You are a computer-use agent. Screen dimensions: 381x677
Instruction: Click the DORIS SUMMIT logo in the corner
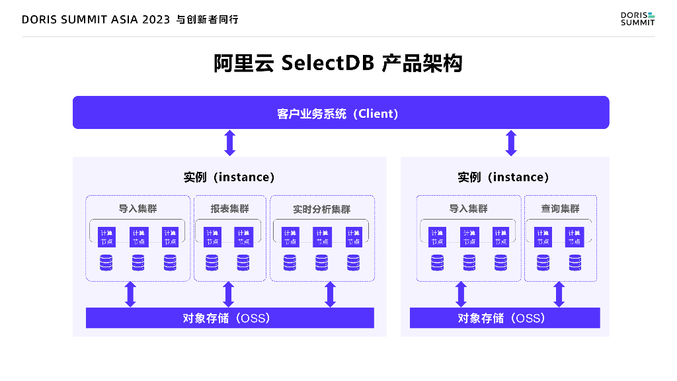point(637,19)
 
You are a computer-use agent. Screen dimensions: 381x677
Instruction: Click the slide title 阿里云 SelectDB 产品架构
point(338,63)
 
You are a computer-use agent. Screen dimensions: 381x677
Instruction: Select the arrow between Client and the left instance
point(229,143)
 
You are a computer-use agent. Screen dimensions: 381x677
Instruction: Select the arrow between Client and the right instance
point(510,143)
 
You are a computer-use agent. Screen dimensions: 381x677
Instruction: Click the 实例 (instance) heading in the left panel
point(229,177)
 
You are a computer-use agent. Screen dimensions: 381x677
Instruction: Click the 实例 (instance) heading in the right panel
point(504,177)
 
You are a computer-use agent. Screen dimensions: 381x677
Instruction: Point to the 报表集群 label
point(229,209)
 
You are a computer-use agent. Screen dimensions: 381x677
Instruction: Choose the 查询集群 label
point(560,209)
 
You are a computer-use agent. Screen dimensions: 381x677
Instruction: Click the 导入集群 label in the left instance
point(138,209)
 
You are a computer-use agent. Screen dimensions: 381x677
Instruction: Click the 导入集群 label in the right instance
point(468,209)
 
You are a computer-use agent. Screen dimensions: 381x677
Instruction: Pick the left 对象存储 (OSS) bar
point(229,318)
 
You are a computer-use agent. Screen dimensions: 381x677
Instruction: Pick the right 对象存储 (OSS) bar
point(504,318)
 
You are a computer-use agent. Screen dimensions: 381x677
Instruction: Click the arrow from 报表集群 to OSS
point(229,294)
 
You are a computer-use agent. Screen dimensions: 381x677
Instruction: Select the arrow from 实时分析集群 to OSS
point(330,294)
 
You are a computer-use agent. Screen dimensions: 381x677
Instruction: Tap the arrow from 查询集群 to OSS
point(559,294)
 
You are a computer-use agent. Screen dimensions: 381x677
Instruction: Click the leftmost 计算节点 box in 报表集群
point(212,237)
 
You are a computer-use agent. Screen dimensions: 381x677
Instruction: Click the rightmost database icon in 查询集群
point(575,263)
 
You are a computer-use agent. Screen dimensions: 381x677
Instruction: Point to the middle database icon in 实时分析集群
point(321,263)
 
